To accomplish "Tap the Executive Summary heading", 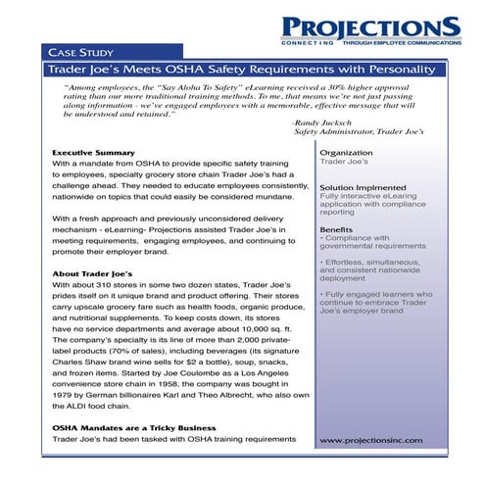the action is tap(93, 154).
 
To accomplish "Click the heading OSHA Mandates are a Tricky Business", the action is tap(135, 428).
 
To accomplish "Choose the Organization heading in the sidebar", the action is tap(347, 153).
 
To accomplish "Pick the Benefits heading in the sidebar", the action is tap(337, 228).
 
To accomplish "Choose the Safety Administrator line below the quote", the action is tap(359, 131).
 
